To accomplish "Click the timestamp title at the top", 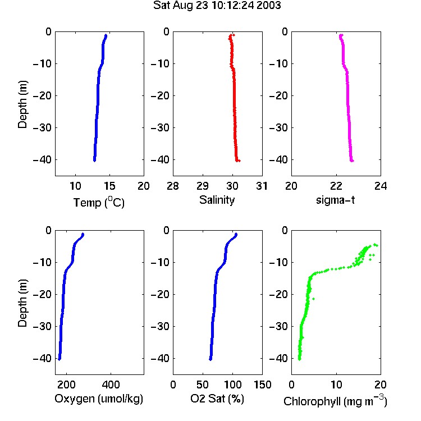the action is click(217, 6).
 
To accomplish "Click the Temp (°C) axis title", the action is click(99, 203).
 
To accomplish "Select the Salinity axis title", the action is click(217, 200).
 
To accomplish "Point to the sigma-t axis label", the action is click(335, 200).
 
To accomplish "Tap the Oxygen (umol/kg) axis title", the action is click(99, 399).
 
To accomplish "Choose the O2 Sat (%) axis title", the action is click(217, 399).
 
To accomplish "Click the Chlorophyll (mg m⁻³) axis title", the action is click(335, 400).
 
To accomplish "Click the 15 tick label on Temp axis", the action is click(109, 186).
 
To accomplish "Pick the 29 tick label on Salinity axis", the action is click(203, 186).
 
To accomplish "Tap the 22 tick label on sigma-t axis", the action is click(336, 186).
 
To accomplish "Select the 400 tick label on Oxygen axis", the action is click(111, 385).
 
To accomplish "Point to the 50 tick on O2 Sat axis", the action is click(203, 385).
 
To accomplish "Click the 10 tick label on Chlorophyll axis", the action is click(336, 385).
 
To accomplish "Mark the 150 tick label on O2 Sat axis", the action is click(262, 385).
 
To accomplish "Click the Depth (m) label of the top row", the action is click(22, 104).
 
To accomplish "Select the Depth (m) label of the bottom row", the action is click(22, 303).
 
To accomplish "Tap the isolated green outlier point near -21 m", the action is click(313, 299).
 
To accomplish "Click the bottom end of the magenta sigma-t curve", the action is click(352, 161).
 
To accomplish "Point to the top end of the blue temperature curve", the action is click(106, 35).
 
